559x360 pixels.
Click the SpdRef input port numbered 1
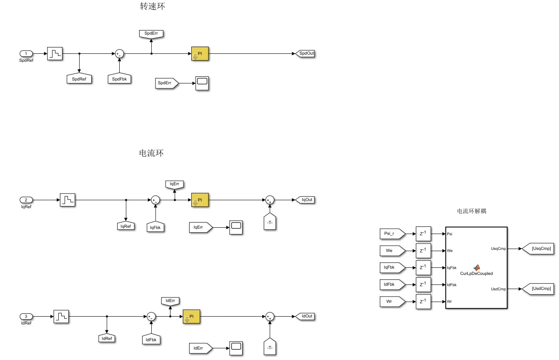coord(27,54)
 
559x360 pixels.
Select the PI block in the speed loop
coord(200,54)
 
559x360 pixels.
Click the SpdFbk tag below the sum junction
coord(119,79)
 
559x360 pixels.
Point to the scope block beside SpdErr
coord(202,83)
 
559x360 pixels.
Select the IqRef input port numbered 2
coord(27,200)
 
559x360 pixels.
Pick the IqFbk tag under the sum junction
coord(155,227)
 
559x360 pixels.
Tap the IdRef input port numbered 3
coord(27,316)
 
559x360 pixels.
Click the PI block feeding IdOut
coord(192,316)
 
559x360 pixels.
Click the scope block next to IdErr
coord(236,347)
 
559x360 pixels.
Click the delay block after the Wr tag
coord(423,301)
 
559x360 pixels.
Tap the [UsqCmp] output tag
coord(541,249)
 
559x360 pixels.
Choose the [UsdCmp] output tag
coord(541,289)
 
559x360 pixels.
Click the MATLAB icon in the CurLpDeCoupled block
coord(476,267)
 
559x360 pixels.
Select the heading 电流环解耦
coord(471,211)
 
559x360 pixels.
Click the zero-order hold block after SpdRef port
coord(55,54)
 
